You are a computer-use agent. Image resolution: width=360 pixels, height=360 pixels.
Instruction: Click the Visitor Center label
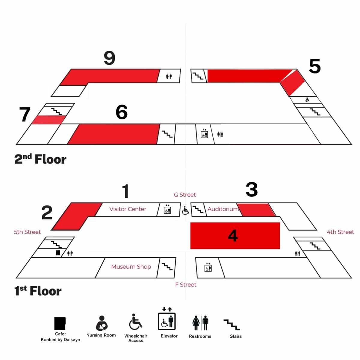pyautogui.click(x=127, y=209)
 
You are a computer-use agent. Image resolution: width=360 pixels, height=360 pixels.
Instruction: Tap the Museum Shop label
pyautogui.click(x=131, y=267)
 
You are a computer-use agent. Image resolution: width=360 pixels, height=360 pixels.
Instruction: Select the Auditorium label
pyautogui.click(x=223, y=209)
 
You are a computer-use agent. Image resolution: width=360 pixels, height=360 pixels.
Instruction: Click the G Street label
pyautogui.click(x=185, y=195)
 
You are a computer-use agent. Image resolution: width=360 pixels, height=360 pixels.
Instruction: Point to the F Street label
pyautogui.click(x=186, y=284)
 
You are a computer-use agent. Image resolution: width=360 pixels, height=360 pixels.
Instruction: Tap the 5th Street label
pyautogui.click(x=27, y=232)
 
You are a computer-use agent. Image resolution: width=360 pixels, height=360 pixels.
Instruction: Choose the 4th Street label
pyautogui.click(x=340, y=232)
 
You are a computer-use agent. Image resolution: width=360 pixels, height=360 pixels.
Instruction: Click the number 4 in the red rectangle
pyautogui.click(x=233, y=235)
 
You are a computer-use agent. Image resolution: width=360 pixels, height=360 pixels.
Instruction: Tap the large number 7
pyautogui.click(x=25, y=114)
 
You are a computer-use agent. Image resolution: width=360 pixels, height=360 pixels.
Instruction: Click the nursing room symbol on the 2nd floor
pyautogui.click(x=307, y=100)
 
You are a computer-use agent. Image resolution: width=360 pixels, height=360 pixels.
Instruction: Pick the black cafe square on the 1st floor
pyautogui.click(x=58, y=253)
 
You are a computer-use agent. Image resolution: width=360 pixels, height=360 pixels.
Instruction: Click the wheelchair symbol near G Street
pyautogui.click(x=185, y=211)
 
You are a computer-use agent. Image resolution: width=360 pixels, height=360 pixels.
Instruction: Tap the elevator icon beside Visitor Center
pyautogui.click(x=167, y=209)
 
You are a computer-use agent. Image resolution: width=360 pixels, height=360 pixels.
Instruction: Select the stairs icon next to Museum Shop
pyautogui.click(x=167, y=267)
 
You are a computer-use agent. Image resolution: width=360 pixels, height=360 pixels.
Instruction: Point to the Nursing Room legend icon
pyautogui.click(x=102, y=323)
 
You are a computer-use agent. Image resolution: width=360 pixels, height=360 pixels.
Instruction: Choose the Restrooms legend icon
pyautogui.click(x=200, y=323)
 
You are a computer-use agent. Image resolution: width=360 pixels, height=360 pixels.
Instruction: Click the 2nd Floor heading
pyautogui.click(x=40, y=159)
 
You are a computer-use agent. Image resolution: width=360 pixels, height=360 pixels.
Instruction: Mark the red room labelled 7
pyautogui.click(x=49, y=120)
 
